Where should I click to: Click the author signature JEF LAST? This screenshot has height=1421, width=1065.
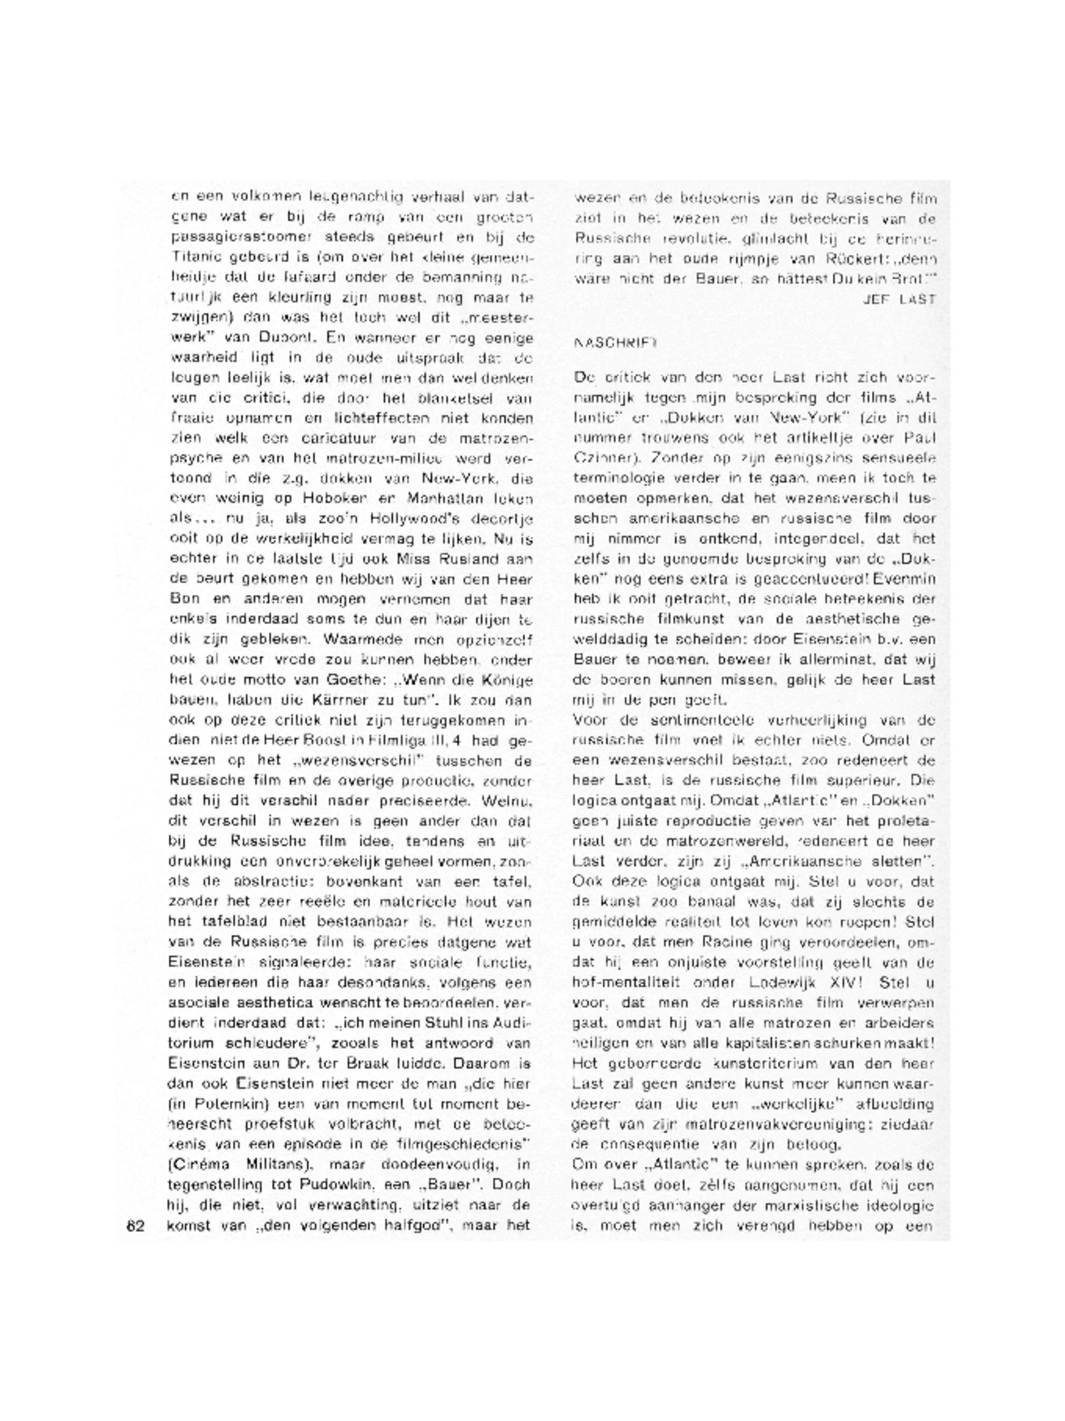pos(899,300)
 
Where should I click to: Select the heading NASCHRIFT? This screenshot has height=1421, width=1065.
pos(615,342)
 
